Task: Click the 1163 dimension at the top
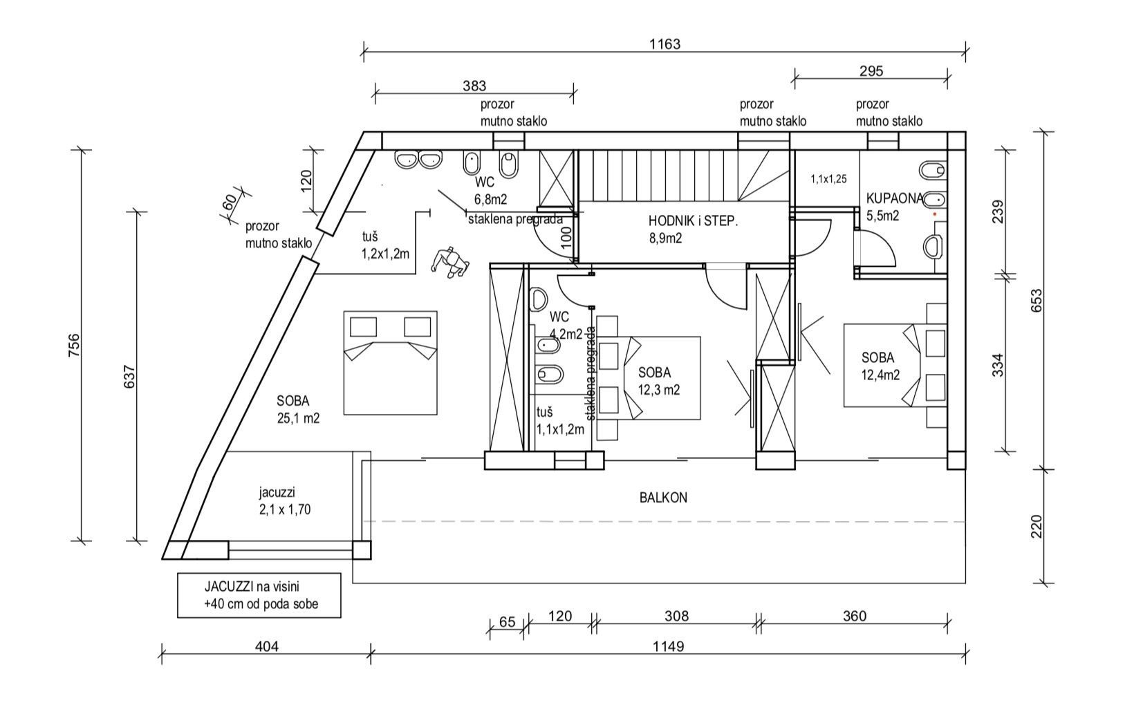tap(664, 44)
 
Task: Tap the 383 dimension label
tap(474, 86)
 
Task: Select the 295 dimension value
tap(871, 71)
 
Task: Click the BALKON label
tap(663, 498)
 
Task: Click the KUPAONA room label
tap(893, 199)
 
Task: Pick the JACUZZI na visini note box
tap(259, 594)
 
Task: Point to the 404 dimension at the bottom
tap(267, 646)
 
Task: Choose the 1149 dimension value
tap(668, 646)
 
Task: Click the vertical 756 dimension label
tap(75, 346)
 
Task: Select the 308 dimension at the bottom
tap(676, 616)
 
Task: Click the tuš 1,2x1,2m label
tap(385, 245)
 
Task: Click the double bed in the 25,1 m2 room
tap(391, 363)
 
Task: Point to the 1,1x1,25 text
tap(828, 179)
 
